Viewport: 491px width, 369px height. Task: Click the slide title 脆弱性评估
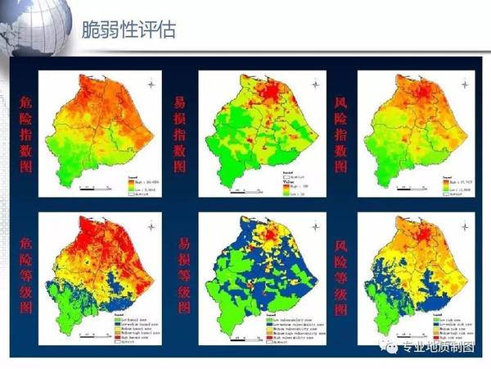[x=128, y=32]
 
